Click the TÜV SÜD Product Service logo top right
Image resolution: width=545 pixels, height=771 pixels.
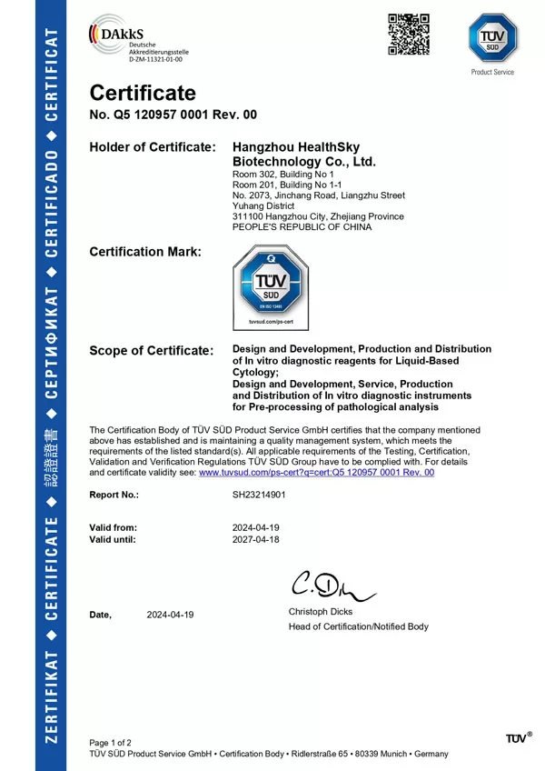tap(491, 42)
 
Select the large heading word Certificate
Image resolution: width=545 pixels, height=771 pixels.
tap(142, 93)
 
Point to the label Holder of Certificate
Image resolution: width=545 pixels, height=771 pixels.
tap(153, 147)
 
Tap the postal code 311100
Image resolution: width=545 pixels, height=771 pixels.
tap(248, 216)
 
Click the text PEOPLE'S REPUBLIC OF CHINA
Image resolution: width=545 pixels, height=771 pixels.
tap(302, 227)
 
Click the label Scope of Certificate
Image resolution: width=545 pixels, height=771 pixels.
tap(152, 351)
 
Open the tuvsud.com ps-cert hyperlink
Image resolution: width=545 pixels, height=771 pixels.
tap(316, 473)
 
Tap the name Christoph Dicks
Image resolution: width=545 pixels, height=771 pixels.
tap(322, 612)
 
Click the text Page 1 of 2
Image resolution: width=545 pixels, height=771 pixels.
tap(110, 743)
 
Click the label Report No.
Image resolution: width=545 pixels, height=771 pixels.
tap(114, 496)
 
